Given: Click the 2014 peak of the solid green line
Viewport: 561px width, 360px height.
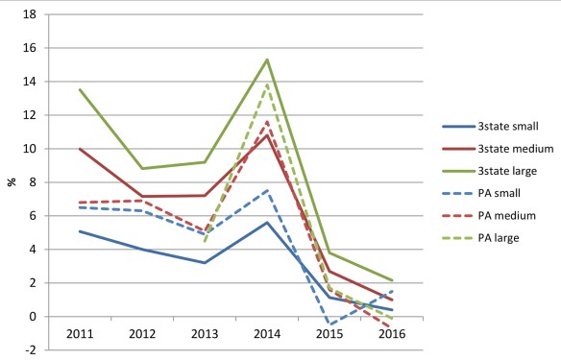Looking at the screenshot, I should pyautogui.click(x=267, y=60).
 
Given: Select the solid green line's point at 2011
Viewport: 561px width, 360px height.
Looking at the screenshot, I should pyautogui.click(x=80, y=89).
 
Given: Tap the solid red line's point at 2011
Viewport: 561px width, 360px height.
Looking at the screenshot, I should pyautogui.click(x=80, y=149).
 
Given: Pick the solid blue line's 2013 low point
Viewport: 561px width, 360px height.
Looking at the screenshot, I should pyautogui.click(x=205, y=263).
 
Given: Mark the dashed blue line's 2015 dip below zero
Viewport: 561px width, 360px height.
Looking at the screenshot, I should pyautogui.click(x=329, y=324).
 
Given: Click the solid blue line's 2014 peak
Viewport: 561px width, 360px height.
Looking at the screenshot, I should pyautogui.click(x=267, y=222).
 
